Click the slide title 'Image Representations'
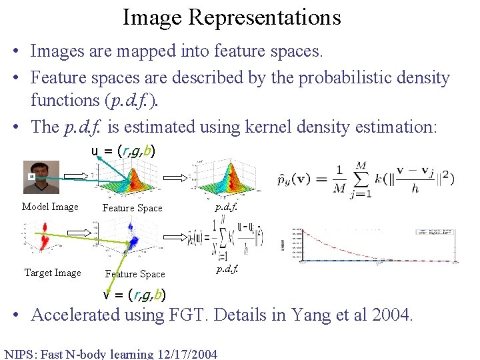(231, 17)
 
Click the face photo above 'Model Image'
(41, 177)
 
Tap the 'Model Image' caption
(50, 207)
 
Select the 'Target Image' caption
(53, 273)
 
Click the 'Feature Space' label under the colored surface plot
(132, 208)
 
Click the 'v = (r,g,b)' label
(134, 295)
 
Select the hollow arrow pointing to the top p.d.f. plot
(177, 178)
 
